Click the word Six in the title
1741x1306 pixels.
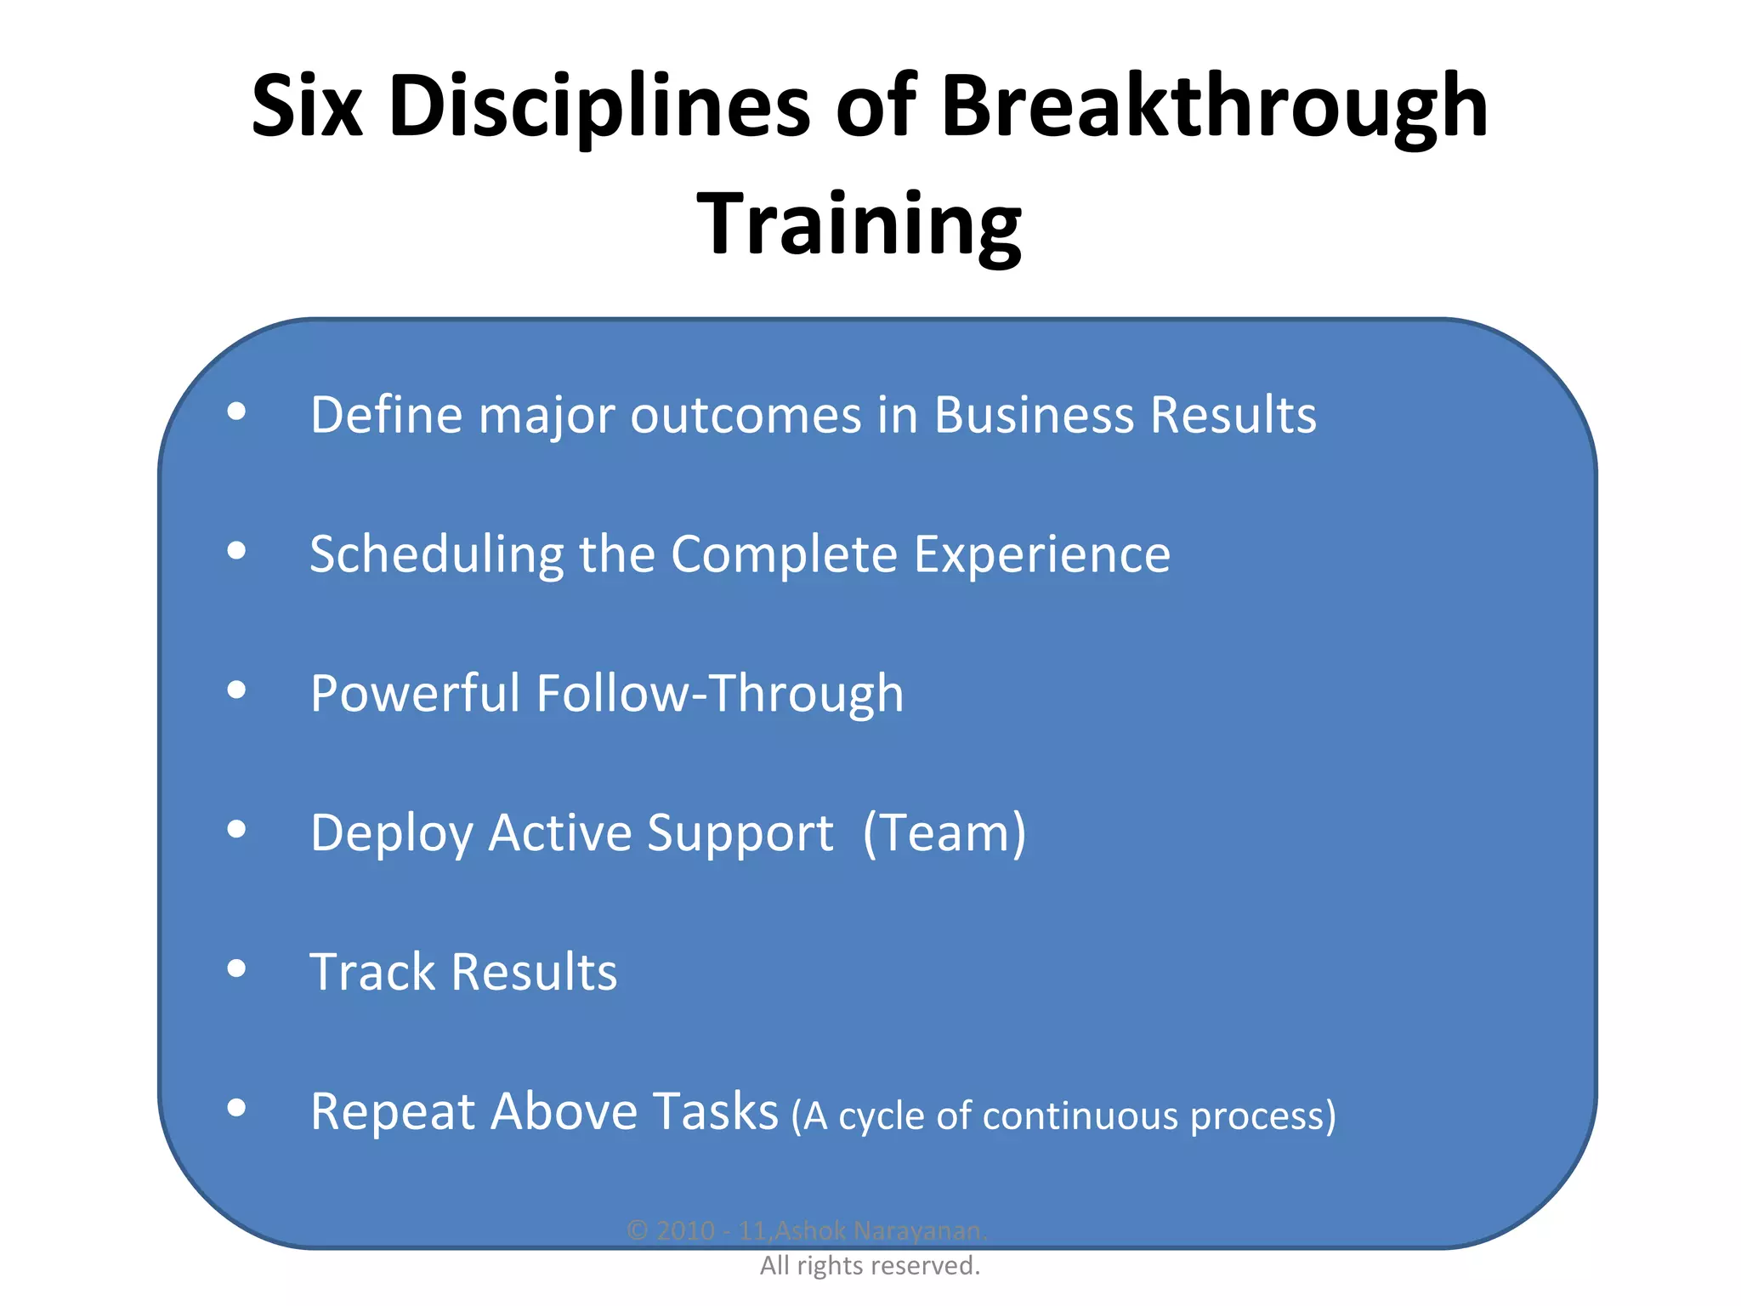click(x=308, y=106)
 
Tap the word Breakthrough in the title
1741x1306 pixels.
click(x=1214, y=106)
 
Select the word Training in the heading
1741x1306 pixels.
click(x=859, y=224)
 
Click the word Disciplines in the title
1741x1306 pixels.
click(x=599, y=106)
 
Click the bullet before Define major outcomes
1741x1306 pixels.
click(x=237, y=412)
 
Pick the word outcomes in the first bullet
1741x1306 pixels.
click(x=746, y=415)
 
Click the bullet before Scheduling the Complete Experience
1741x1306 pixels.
click(x=237, y=551)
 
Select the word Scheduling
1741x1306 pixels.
click(x=436, y=554)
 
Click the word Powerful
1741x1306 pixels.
click(x=415, y=693)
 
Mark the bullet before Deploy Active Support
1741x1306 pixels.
click(x=237, y=829)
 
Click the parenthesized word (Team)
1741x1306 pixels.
click(x=944, y=832)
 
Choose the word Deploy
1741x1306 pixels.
click(x=391, y=832)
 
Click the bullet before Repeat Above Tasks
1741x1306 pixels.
click(x=237, y=1108)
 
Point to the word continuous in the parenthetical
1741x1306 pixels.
click(x=1080, y=1116)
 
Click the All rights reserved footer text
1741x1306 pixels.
click(x=870, y=1265)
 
